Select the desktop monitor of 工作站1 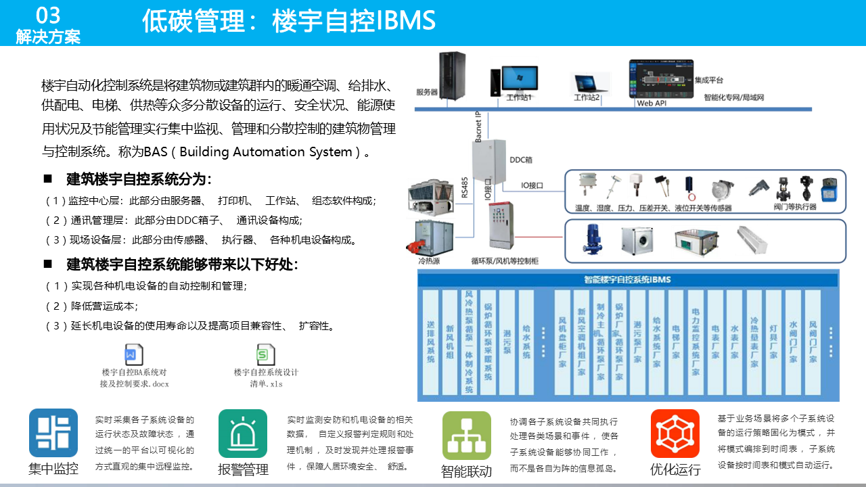click(x=520, y=78)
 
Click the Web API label click(x=652, y=103)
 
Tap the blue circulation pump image click(x=593, y=241)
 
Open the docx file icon click(x=134, y=354)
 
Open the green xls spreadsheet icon click(x=265, y=354)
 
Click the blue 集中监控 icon click(x=53, y=433)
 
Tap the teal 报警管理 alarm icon click(x=243, y=434)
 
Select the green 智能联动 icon click(x=466, y=436)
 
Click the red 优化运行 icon click(x=675, y=434)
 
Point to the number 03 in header click(x=48, y=16)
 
